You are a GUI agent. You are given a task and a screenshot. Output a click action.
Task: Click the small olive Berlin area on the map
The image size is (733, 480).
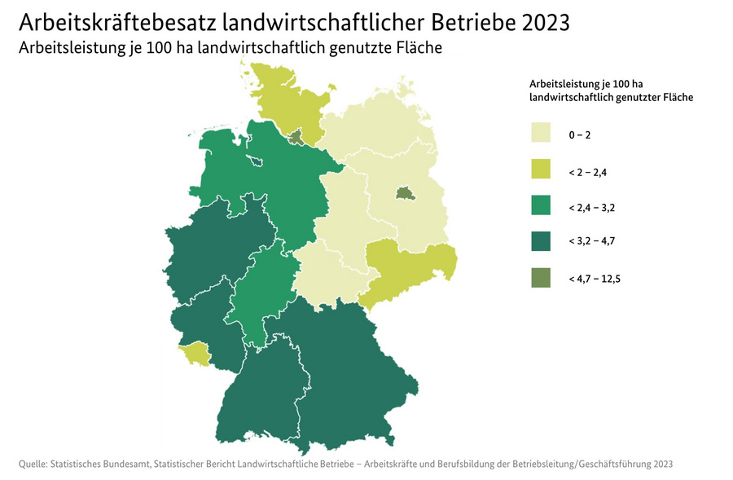[403, 193]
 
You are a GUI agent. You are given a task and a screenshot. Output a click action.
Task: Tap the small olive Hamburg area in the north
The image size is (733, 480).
[296, 137]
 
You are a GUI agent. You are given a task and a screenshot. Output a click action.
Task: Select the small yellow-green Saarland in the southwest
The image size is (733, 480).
[195, 354]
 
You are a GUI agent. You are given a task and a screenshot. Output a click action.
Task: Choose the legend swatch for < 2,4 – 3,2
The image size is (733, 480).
[541, 205]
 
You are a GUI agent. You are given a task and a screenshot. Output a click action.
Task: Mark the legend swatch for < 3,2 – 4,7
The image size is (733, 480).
[541, 242]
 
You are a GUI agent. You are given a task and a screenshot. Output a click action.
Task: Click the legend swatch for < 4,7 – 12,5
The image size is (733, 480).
[541, 279]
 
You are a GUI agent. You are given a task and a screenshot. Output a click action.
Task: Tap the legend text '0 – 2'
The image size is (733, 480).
[580, 134]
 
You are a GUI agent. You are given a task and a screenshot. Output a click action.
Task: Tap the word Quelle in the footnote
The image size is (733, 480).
[32, 464]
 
